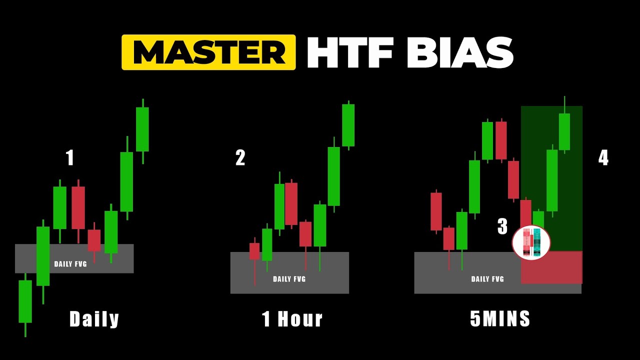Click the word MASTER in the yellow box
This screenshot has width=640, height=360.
209,52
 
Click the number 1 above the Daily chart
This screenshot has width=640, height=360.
70,158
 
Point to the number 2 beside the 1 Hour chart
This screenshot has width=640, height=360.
240,158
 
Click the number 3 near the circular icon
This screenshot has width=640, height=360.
502,226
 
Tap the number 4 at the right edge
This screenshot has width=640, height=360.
603,158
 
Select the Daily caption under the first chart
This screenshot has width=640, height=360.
94,319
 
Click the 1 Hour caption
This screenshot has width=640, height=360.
292,319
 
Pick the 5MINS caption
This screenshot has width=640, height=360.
500,319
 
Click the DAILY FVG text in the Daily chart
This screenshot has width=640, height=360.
70,264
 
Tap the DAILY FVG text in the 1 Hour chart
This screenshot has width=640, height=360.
289,279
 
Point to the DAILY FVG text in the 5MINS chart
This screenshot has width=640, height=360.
487,279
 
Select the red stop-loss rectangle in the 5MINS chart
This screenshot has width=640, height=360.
551,267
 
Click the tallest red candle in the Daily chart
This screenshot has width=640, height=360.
78,207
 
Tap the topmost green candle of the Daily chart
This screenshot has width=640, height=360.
142,129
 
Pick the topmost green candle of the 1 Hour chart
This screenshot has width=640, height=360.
348,125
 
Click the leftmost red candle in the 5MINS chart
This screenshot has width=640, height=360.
436,211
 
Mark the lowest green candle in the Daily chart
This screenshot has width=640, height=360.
25,301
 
